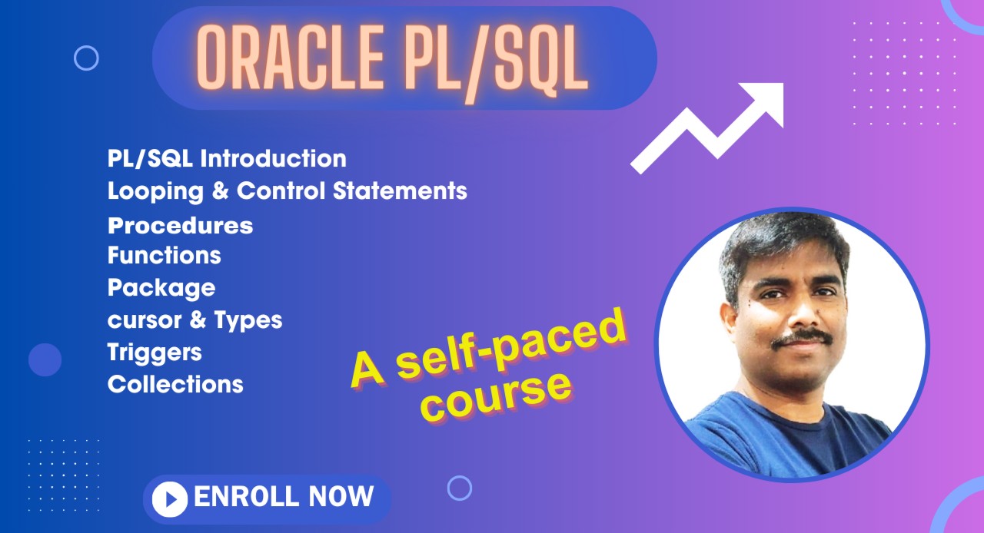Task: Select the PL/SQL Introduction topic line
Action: click(x=227, y=159)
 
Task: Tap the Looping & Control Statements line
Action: click(x=287, y=190)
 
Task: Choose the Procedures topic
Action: click(x=180, y=226)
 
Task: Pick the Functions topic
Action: click(x=164, y=255)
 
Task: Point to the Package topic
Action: click(x=161, y=288)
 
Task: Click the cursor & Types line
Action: click(x=194, y=319)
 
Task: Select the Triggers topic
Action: click(x=155, y=352)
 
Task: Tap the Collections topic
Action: click(x=175, y=384)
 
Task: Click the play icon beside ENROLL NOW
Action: click(x=169, y=500)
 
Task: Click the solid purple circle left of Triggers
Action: click(x=45, y=359)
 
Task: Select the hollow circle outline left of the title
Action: click(x=86, y=58)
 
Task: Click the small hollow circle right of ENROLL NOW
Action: click(x=459, y=488)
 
